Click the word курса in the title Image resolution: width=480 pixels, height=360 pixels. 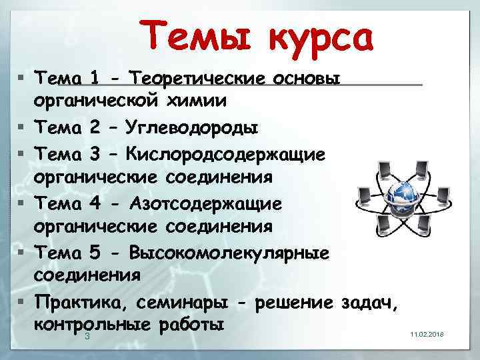tap(320, 38)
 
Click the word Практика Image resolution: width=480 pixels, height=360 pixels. tap(81, 303)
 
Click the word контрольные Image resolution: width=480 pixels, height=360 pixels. tap(91, 325)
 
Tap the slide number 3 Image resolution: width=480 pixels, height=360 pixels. tap(87, 337)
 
